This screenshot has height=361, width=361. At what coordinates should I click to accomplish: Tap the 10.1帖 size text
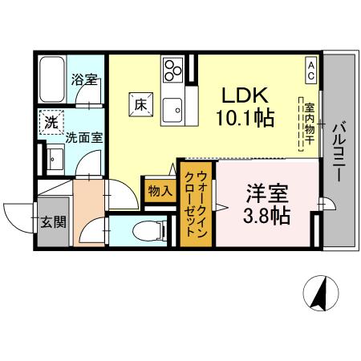click(245, 119)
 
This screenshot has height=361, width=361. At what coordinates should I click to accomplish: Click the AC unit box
click(310, 68)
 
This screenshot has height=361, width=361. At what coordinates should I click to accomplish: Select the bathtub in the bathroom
click(51, 79)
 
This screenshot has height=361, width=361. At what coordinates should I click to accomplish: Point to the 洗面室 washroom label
click(84, 137)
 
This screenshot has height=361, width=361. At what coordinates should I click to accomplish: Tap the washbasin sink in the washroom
click(54, 158)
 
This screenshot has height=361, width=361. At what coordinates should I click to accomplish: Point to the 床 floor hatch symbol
click(140, 103)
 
